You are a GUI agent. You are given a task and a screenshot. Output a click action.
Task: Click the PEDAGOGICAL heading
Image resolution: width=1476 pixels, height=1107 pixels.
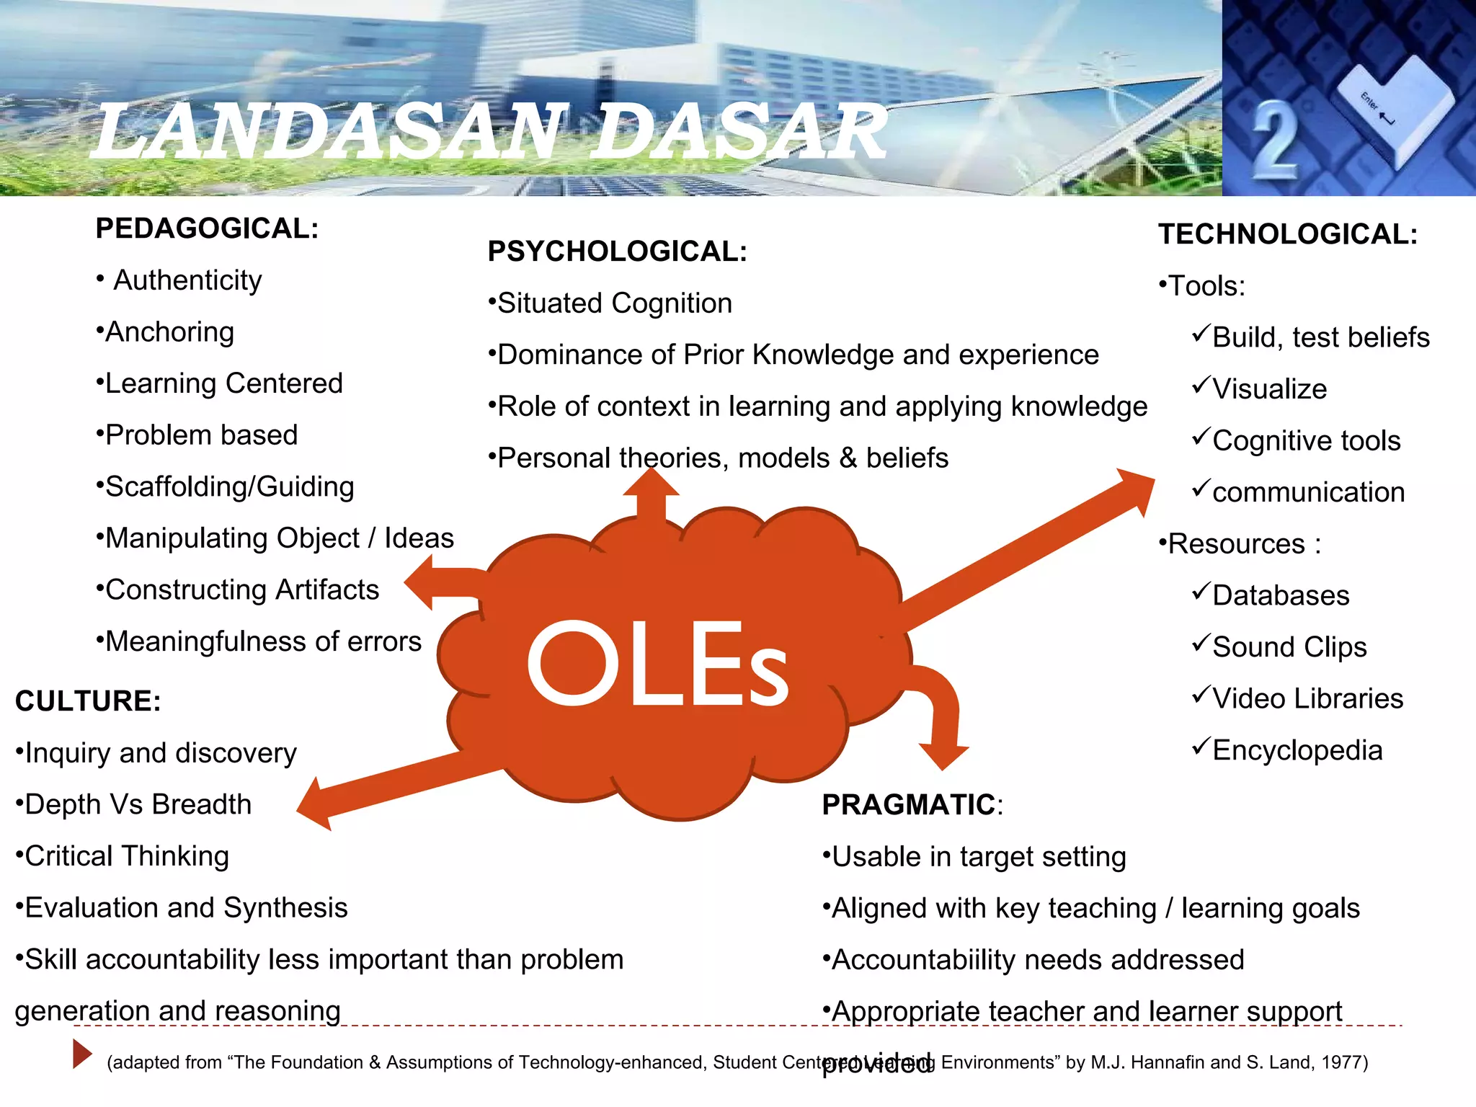pos(207,228)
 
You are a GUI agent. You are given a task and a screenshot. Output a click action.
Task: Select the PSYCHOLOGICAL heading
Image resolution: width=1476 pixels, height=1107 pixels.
pos(617,252)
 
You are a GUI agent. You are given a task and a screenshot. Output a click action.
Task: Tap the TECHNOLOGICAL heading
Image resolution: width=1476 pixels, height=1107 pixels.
pos(1288,234)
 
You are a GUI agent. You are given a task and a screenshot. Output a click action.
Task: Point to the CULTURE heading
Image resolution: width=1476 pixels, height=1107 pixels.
pos(88,701)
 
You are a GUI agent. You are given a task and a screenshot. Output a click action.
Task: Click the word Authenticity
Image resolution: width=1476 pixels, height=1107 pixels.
pos(187,280)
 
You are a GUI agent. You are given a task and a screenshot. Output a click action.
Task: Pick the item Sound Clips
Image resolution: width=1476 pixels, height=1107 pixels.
pos(1289,647)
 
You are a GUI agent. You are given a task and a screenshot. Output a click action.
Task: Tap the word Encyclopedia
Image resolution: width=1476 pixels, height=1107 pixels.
pos(1297,750)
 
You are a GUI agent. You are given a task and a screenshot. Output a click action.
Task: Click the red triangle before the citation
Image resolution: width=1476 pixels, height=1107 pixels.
pos(81,1054)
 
